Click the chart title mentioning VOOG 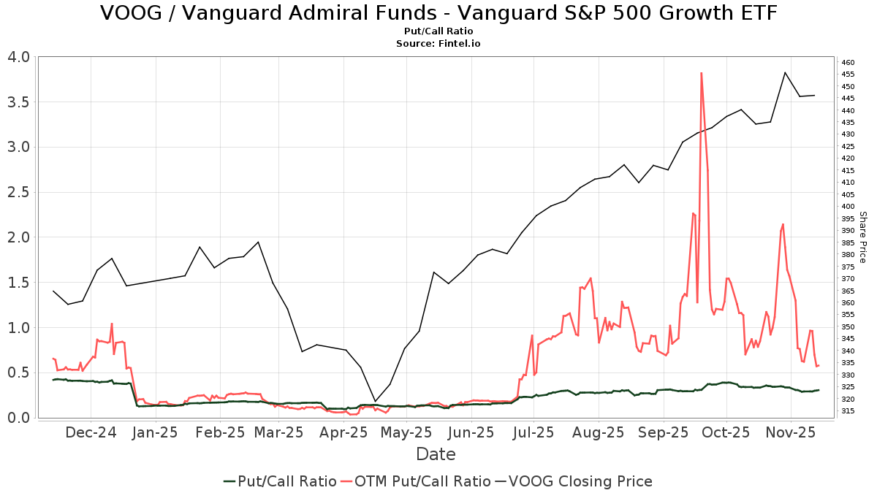pyautogui.click(x=438, y=13)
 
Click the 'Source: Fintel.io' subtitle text pyautogui.click(x=438, y=43)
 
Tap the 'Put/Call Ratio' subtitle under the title pyautogui.click(x=438, y=31)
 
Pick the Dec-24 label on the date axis pyautogui.click(x=91, y=432)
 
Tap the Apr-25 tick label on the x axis pyautogui.click(x=343, y=432)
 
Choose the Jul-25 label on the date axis pyautogui.click(x=534, y=432)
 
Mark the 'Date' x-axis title pyautogui.click(x=436, y=454)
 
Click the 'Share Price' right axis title pyautogui.click(x=862, y=237)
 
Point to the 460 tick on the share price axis pyautogui.click(x=848, y=62)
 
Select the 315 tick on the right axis pyautogui.click(x=848, y=410)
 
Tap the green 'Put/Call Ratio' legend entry pyautogui.click(x=280, y=481)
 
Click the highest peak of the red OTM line pyautogui.click(x=701, y=73)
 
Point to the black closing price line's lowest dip pyautogui.click(x=375, y=401)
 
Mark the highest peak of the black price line pyautogui.click(x=785, y=72)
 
